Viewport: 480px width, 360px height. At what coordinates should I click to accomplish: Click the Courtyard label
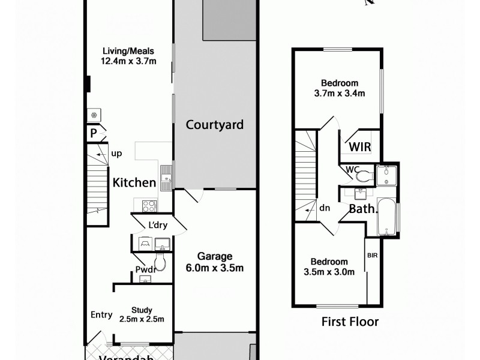[x=214, y=125]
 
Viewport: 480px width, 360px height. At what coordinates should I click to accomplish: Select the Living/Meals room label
[x=128, y=56]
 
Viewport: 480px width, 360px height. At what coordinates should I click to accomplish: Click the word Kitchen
[x=135, y=182]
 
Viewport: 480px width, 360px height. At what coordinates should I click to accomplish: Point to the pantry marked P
[x=94, y=134]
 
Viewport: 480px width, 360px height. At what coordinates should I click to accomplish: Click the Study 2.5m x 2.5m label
[x=142, y=314]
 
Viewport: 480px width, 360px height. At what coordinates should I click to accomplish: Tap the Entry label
[x=101, y=315]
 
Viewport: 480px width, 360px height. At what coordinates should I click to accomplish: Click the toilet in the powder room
[x=160, y=261]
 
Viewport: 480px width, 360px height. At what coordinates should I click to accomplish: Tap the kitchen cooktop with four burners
[x=149, y=206]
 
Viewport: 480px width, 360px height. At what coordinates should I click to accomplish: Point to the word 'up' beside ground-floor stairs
[x=116, y=154]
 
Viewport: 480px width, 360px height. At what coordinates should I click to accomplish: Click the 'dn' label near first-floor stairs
[x=325, y=208]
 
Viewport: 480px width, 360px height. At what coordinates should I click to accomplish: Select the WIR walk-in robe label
[x=359, y=147]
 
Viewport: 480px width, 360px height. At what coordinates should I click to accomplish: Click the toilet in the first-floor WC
[x=364, y=176]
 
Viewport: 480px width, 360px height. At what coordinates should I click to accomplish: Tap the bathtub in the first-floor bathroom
[x=386, y=218]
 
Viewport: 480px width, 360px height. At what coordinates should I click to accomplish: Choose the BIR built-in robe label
[x=373, y=255]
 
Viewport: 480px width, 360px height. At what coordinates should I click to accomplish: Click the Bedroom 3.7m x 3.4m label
[x=340, y=88]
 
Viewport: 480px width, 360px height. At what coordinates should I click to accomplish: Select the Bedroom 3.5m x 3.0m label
[x=329, y=266]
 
